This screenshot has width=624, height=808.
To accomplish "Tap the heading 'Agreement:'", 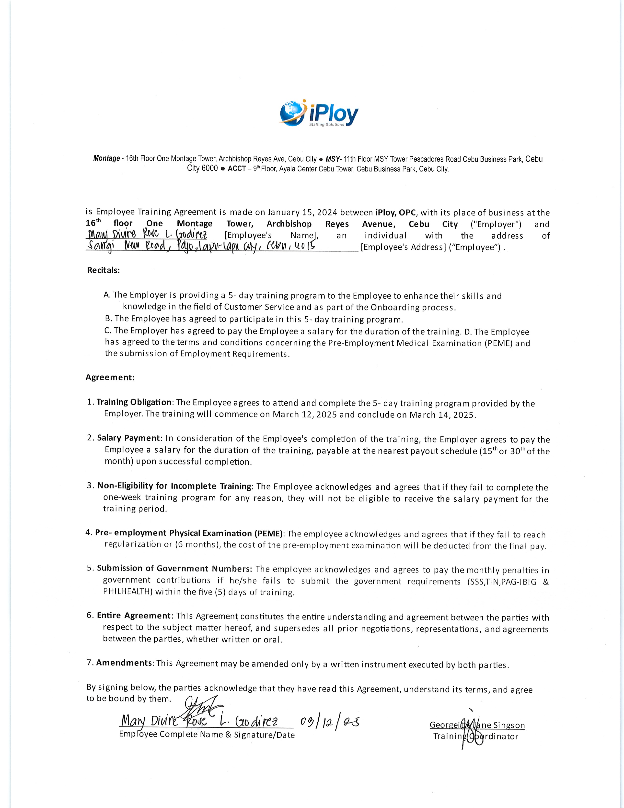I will tap(110, 377).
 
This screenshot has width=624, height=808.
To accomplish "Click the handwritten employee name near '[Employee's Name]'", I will tap(147, 235).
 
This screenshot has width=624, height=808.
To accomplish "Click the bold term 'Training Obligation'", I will tap(134, 402).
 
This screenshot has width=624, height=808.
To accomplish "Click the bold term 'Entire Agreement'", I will tap(134, 616).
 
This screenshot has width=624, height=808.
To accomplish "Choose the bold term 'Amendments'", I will tap(124, 663).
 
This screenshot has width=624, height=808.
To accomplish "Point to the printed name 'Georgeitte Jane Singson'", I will tap(477, 725).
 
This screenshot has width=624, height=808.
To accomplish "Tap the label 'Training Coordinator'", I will tap(476, 736).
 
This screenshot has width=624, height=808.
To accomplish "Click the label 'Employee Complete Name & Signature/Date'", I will tap(207, 735).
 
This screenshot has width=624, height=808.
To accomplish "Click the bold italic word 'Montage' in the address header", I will tap(106, 159).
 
